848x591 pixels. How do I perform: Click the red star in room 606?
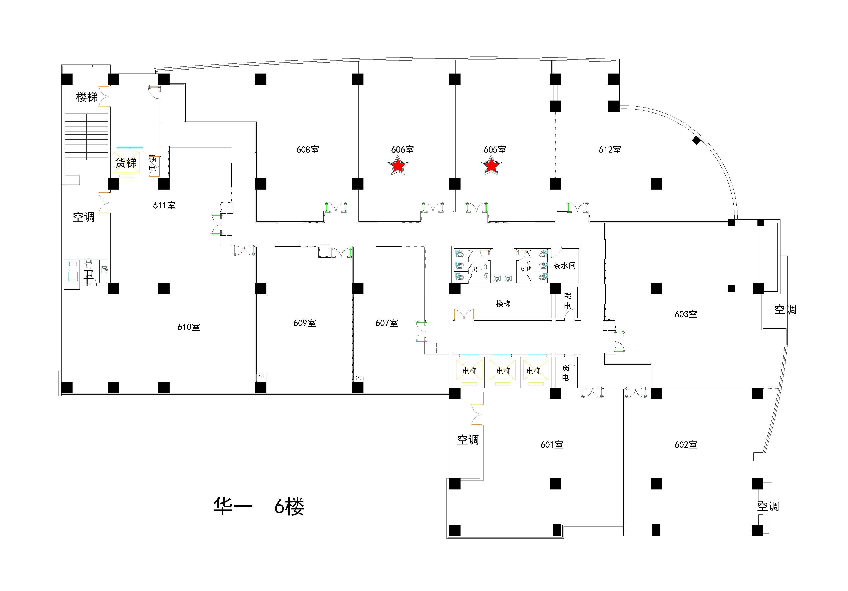pos(398,166)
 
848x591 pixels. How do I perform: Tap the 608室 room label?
pos(308,150)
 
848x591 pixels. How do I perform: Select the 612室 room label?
pos(610,150)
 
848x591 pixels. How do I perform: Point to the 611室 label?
pos(164,205)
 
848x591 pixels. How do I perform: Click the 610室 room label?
pos(189,327)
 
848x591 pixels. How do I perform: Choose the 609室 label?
pos(305,323)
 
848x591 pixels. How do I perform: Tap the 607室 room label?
pos(387,323)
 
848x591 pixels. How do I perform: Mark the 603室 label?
pos(686,314)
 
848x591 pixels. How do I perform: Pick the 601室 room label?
pos(552,445)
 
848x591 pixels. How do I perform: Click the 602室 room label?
pos(686,445)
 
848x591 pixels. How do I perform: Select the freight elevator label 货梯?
pos(126,163)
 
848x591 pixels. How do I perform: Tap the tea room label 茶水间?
pos(564,265)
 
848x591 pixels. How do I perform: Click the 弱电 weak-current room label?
pos(565,372)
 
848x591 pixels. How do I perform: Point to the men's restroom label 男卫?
pos(477,269)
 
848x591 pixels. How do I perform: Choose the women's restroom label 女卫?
pos(525,269)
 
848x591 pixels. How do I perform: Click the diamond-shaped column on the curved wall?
pos(696,140)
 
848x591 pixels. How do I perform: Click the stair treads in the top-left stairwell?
pos(86,137)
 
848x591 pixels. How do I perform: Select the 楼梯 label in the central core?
pos(503,303)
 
